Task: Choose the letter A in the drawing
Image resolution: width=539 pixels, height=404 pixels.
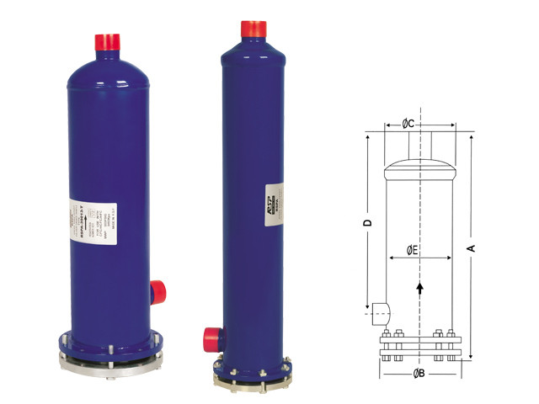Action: pos(472,247)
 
